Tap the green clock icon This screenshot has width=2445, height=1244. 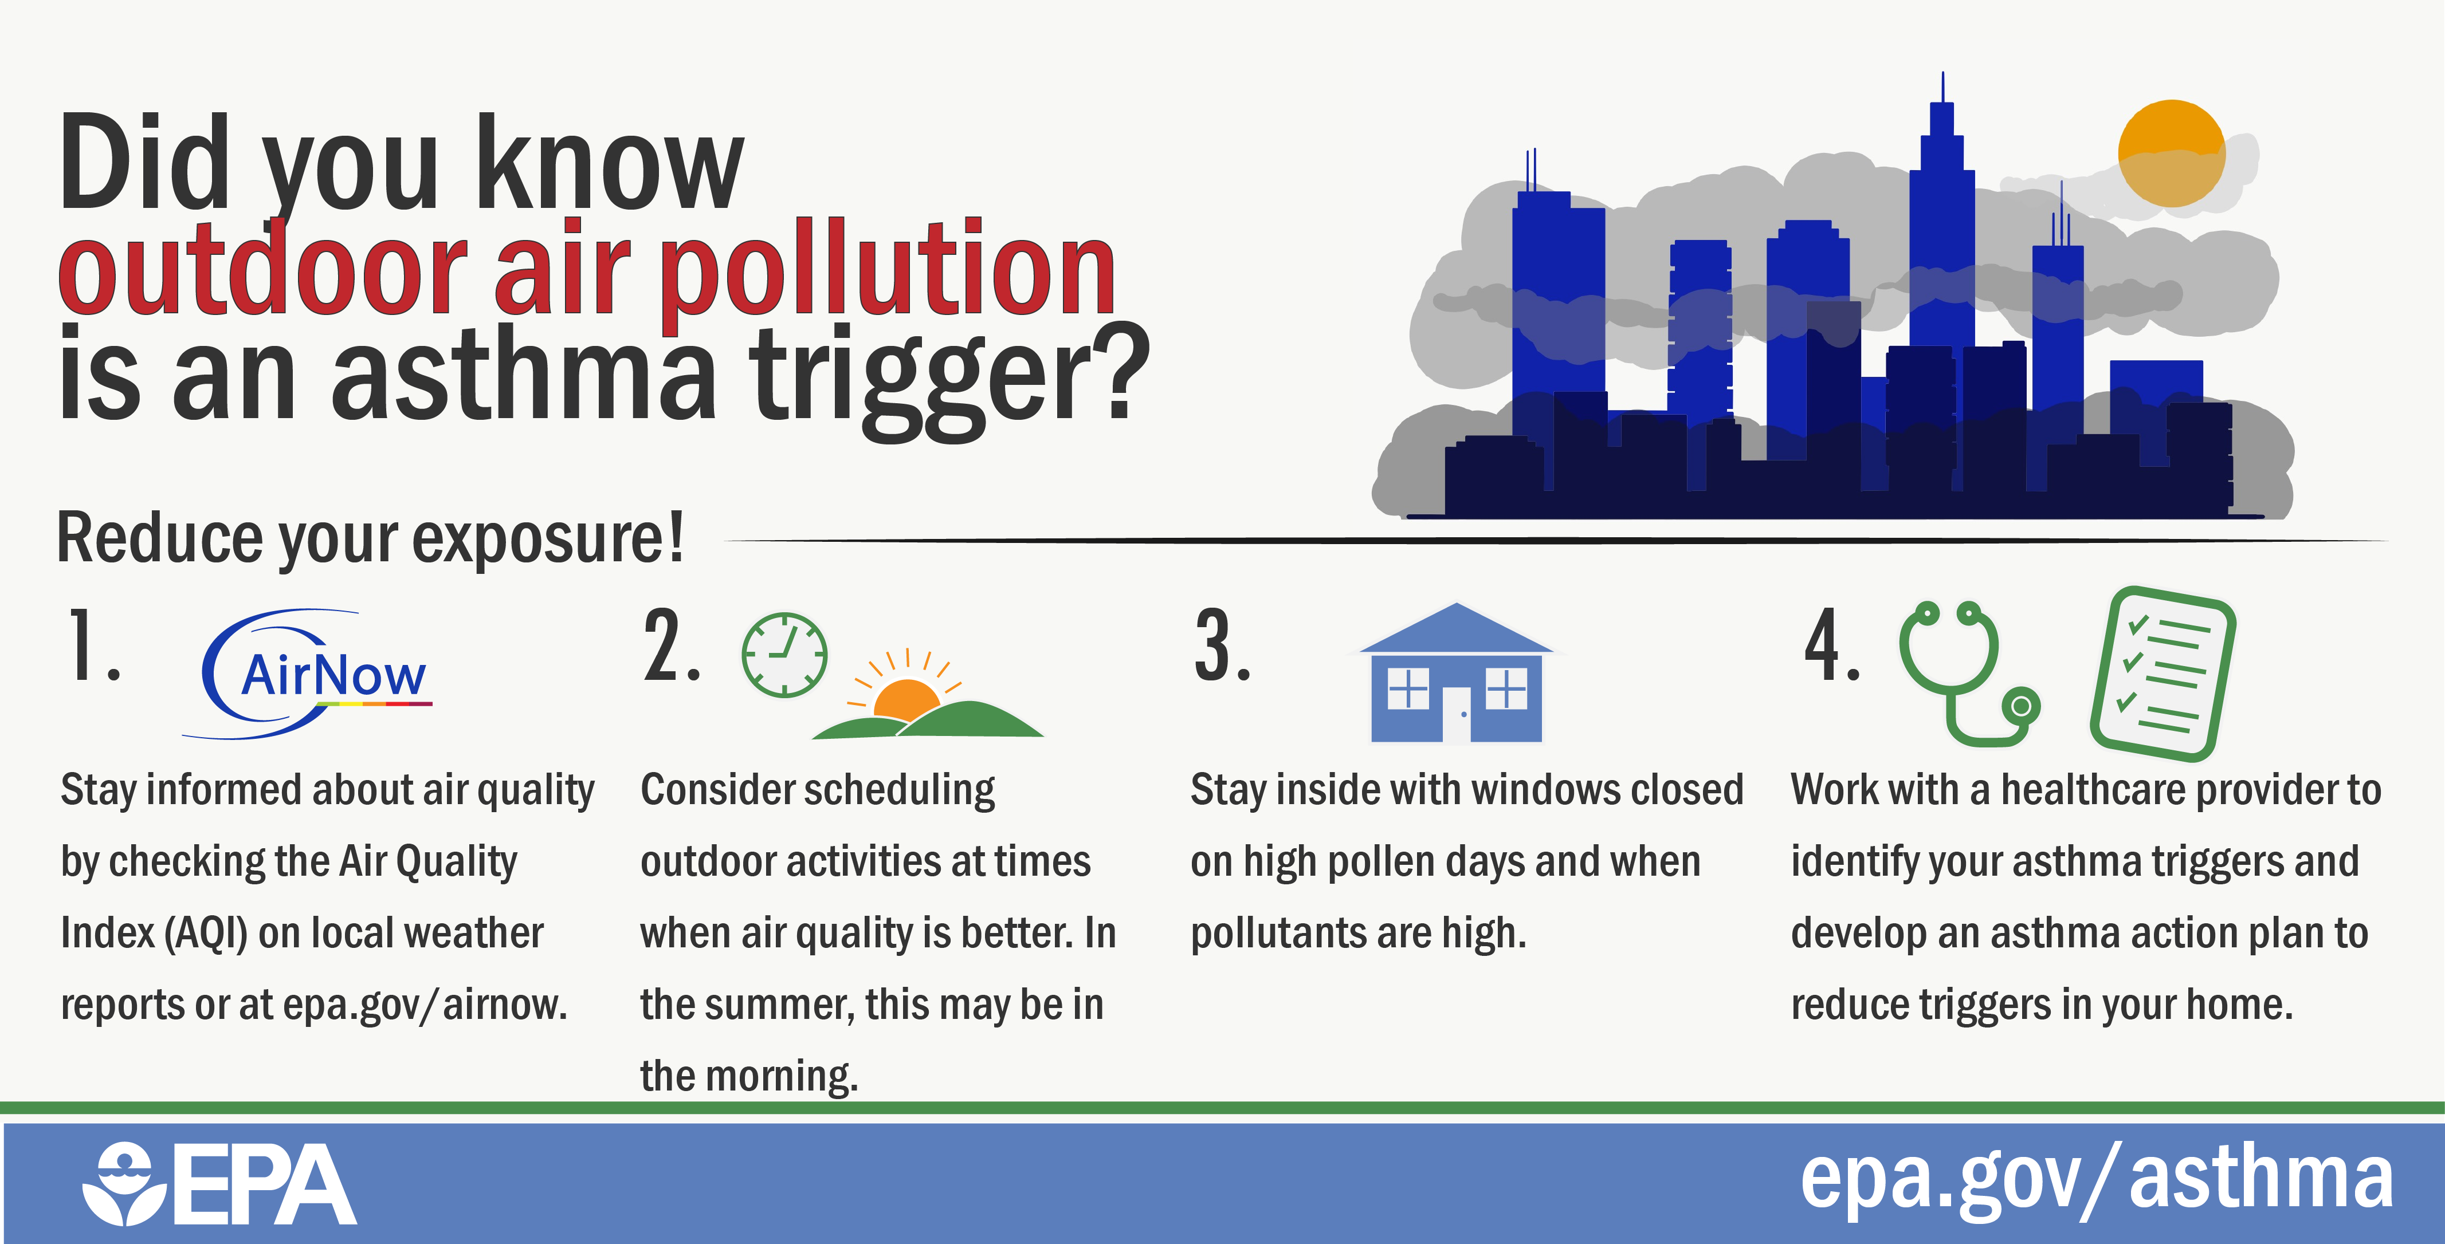pyautogui.click(x=784, y=655)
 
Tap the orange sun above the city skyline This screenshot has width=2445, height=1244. pyautogui.click(x=2172, y=153)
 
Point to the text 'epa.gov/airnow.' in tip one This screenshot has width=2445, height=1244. pyautogui.click(x=425, y=1005)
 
